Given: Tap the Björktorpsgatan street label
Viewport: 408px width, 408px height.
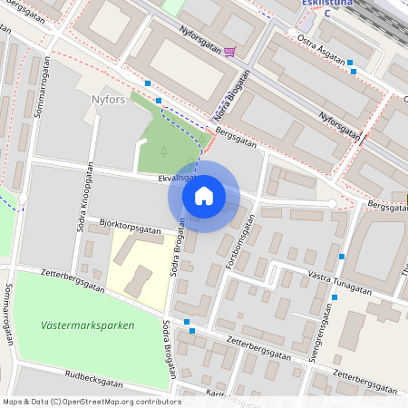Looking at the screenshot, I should (x=131, y=226).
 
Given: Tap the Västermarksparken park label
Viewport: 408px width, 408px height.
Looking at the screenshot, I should (x=87, y=325).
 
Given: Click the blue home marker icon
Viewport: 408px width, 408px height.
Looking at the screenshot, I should (x=204, y=196).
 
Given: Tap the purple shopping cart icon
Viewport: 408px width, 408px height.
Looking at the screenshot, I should (x=229, y=52).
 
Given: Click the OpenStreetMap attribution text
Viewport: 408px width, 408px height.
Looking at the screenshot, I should (x=92, y=402).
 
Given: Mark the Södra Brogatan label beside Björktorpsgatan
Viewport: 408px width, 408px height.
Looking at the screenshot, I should (x=180, y=248).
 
